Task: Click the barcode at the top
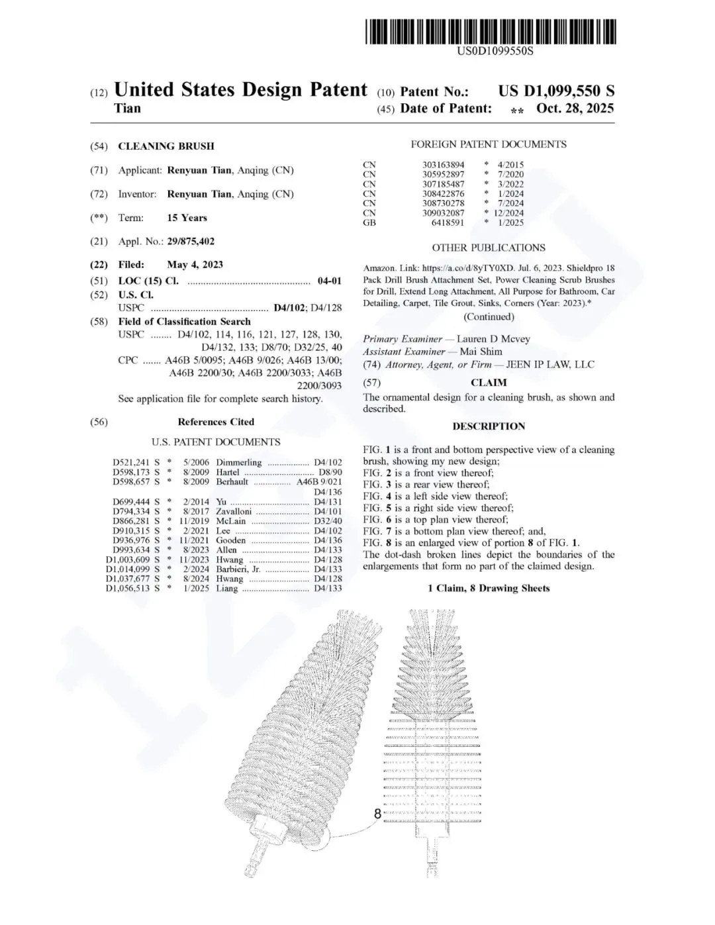pos(489,31)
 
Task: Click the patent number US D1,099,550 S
pos(556,91)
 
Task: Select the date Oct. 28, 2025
pos(575,109)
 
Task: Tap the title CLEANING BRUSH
pos(166,146)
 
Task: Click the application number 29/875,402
pos(191,242)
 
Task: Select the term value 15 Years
pos(187,218)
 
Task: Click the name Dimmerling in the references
pos(239,463)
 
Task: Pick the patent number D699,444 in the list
pos(131,502)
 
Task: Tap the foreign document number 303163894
pos(443,164)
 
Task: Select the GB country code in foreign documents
pos(369,222)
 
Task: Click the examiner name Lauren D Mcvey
pos(493,339)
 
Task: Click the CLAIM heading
pos(489,383)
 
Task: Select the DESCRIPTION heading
pos(489,426)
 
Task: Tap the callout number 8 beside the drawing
pos(378,814)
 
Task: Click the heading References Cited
pos(216,422)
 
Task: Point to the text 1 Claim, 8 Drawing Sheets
pos(489,588)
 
